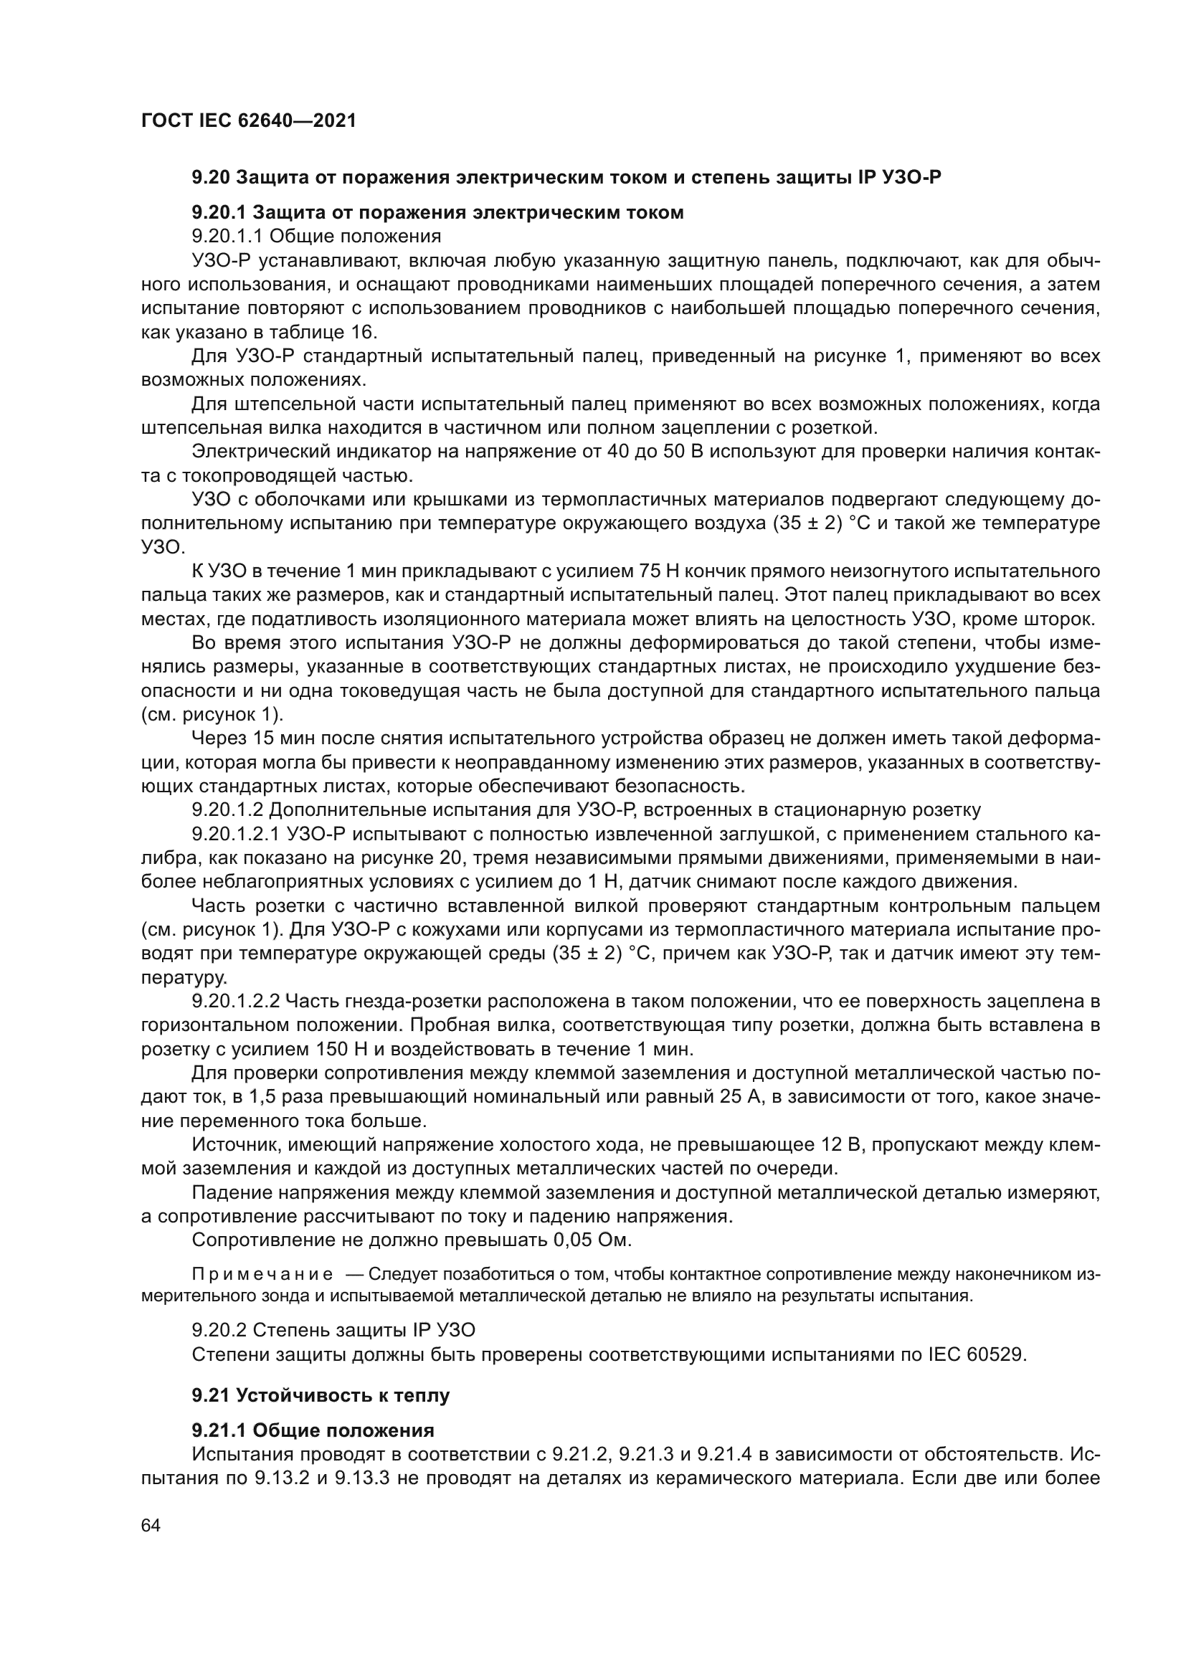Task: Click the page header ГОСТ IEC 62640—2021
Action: [248, 121]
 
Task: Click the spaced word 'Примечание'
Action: [262, 1275]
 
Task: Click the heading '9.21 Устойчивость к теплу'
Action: [321, 1395]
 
